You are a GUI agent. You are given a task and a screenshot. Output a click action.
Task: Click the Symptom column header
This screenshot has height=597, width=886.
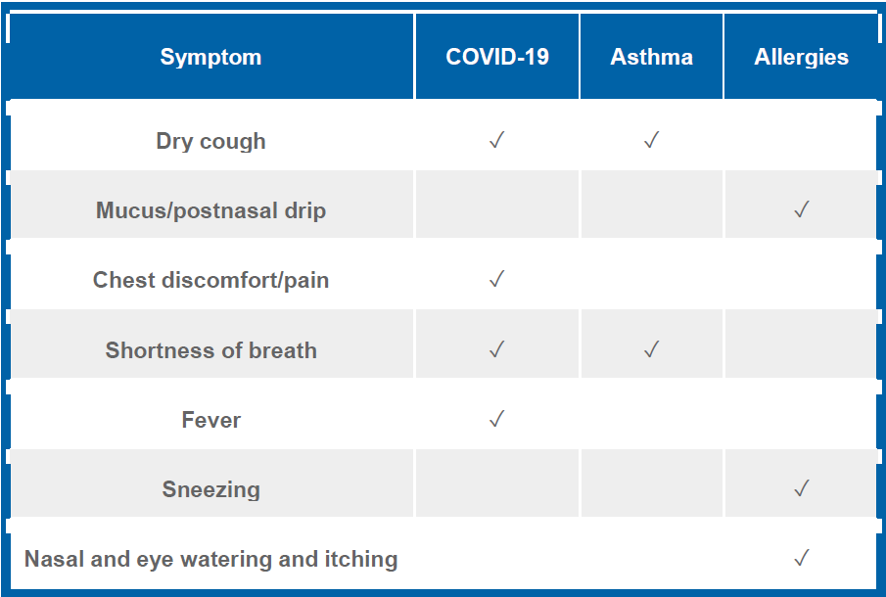tap(210, 57)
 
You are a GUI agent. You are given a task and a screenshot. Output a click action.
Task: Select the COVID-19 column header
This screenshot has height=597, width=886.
tap(497, 57)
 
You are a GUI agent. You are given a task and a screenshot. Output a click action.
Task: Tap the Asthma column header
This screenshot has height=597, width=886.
tap(651, 57)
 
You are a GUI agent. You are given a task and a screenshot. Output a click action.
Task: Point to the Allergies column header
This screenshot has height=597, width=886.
tap(801, 57)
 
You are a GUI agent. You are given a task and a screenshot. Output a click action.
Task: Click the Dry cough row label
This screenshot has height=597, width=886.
tap(210, 141)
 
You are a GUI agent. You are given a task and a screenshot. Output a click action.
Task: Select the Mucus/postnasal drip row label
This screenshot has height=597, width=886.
tap(210, 210)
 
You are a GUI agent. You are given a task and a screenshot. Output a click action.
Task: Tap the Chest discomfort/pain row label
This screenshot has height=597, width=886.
tap(210, 280)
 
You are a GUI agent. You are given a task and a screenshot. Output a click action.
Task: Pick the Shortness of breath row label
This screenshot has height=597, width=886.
tap(210, 350)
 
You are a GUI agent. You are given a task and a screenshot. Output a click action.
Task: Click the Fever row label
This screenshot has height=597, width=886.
tap(210, 420)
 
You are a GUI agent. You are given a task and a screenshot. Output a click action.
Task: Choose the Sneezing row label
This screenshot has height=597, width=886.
tap(210, 489)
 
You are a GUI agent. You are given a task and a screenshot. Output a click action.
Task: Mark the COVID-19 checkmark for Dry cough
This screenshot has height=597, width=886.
tap(496, 140)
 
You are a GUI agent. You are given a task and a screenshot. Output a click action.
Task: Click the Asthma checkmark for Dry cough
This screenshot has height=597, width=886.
tap(651, 140)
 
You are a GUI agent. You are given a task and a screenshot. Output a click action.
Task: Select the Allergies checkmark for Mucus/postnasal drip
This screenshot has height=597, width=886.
tap(802, 209)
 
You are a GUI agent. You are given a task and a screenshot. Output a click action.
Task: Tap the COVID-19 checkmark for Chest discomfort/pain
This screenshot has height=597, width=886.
tap(496, 279)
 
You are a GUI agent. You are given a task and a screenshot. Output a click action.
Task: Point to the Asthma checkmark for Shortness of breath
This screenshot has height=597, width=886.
tap(651, 349)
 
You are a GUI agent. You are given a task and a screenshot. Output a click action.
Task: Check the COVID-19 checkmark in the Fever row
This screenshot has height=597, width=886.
tap(496, 419)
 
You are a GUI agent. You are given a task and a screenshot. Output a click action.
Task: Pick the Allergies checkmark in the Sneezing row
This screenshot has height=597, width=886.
tap(802, 488)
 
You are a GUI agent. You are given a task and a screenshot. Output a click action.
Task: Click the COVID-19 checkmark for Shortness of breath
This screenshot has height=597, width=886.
tap(496, 349)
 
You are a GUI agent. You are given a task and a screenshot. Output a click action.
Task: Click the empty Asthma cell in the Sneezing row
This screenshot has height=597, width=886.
tap(651, 482)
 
